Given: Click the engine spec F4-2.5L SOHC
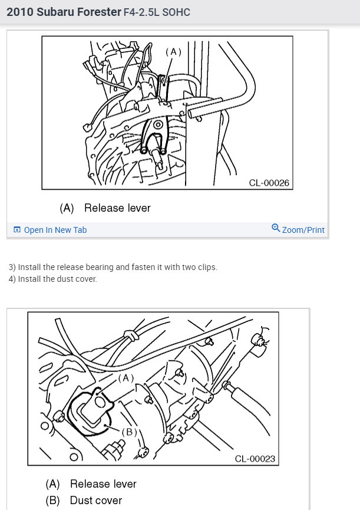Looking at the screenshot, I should point(157,12).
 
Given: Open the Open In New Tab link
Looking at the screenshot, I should point(55,230).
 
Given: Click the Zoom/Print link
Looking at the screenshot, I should point(303,230).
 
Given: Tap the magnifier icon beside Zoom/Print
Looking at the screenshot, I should point(275,228).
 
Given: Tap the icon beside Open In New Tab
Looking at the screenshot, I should point(17,230).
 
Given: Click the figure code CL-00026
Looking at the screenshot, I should point(269,183).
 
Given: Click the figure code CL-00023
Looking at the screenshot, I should point(255,459).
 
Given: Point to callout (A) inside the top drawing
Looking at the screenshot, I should point(173,52).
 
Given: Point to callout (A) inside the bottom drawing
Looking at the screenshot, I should point(126,377).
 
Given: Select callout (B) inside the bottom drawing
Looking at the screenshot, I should point(129,432).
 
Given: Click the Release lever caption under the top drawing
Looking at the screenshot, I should point(117,208).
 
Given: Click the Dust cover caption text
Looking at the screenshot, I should point(96,501).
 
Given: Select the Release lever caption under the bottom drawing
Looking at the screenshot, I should point(103,484).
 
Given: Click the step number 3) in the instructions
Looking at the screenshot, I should point(12,267).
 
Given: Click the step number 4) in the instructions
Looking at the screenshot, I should point(12,279).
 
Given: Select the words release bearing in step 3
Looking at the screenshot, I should point(84,267).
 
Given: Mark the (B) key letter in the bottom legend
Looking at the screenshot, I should point(53,501).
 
